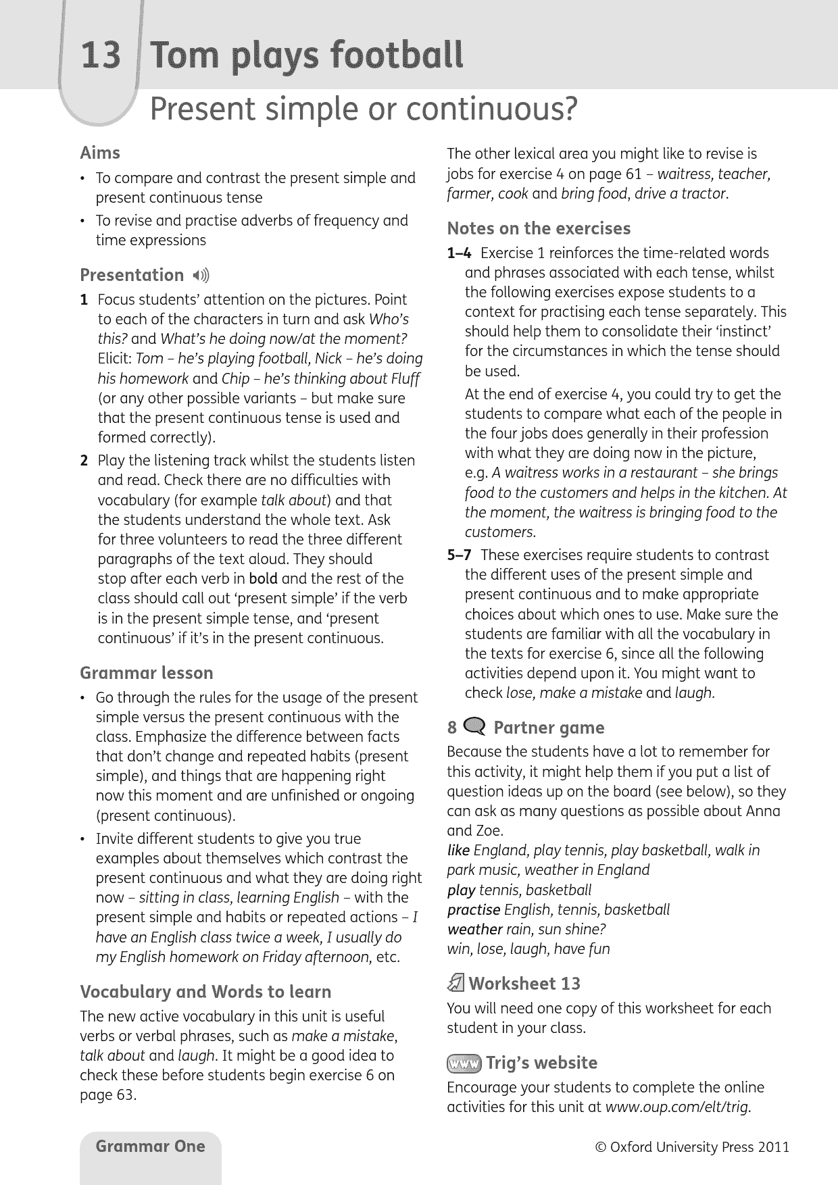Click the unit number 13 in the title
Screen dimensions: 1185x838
point(101,55)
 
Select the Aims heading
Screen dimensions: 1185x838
point(100,153)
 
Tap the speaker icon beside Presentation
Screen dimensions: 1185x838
point(201,276)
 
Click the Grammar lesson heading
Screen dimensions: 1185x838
point(147,673)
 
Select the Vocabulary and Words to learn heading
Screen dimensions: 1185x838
point(205,992)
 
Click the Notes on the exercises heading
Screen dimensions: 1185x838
point(539,228)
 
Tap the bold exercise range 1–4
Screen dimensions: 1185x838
point(460,253)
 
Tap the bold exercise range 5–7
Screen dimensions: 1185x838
point(460,555)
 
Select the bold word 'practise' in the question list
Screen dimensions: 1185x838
point(474,910)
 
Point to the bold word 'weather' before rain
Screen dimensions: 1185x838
point(474,930)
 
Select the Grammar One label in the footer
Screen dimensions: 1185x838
point(150,1146)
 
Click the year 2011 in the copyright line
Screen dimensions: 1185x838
point(773,1147)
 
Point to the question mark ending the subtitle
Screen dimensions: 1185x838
point(570,109)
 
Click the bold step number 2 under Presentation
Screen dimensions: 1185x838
point(84,461)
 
